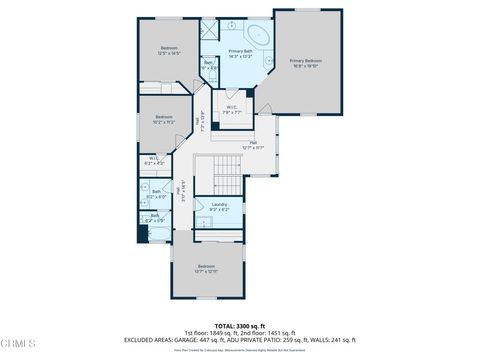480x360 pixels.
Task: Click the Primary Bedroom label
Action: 304,64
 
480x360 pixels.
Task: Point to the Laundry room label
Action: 219,206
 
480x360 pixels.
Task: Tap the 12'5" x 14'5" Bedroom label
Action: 169,51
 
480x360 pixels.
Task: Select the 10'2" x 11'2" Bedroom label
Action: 163,119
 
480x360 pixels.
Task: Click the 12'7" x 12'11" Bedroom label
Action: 205,268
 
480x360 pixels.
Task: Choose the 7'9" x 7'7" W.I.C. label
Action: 231,109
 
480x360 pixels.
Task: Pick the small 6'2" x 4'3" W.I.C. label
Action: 155,160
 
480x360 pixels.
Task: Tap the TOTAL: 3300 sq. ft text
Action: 239,326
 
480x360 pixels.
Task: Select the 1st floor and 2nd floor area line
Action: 239,332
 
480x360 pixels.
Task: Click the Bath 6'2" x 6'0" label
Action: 157,193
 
